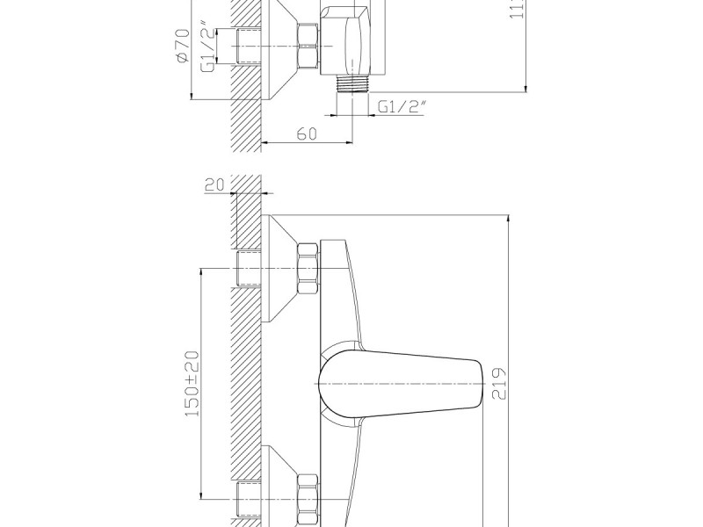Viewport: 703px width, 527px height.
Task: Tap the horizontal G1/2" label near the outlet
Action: tap(402, 106)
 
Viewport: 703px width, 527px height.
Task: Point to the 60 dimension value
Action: tap(306, 134)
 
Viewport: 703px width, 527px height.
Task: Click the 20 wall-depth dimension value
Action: tap(214, 184)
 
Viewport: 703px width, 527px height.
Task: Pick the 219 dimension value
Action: tap(499, 383)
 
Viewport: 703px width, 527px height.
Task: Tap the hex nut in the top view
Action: tap(308, 46)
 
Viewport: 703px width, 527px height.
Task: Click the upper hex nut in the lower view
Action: tap(308, 269)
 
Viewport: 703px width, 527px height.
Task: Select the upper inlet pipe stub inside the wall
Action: tap(250, 268)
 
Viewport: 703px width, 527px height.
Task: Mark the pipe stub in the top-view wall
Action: tap(250, 46)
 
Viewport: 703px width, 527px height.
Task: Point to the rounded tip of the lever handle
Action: tap(479, 385)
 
